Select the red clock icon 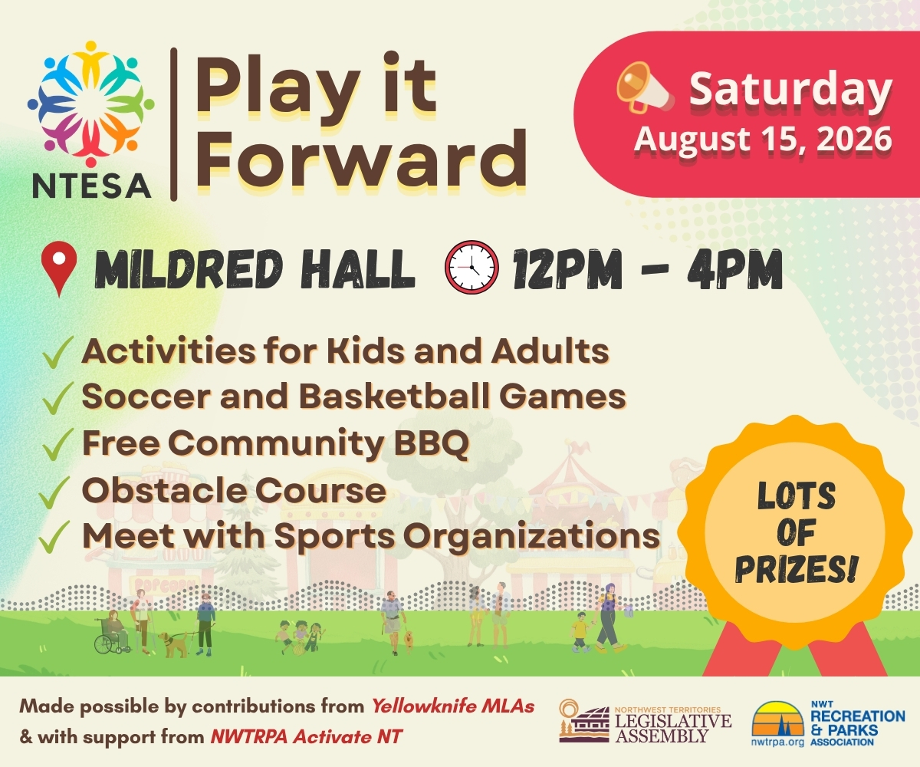(x=472, y=267)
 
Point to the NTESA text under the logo (x=92, y=186)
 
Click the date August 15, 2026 (x=764, y=138)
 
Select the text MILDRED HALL (x=255, y=268)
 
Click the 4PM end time (x=734, y=268)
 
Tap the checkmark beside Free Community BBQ (x=57, y=444)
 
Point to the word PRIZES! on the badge (x=797, y=569)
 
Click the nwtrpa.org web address (x=777, y=742)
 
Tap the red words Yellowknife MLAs (x=453, y=706)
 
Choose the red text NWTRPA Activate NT (x=306, y=736)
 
